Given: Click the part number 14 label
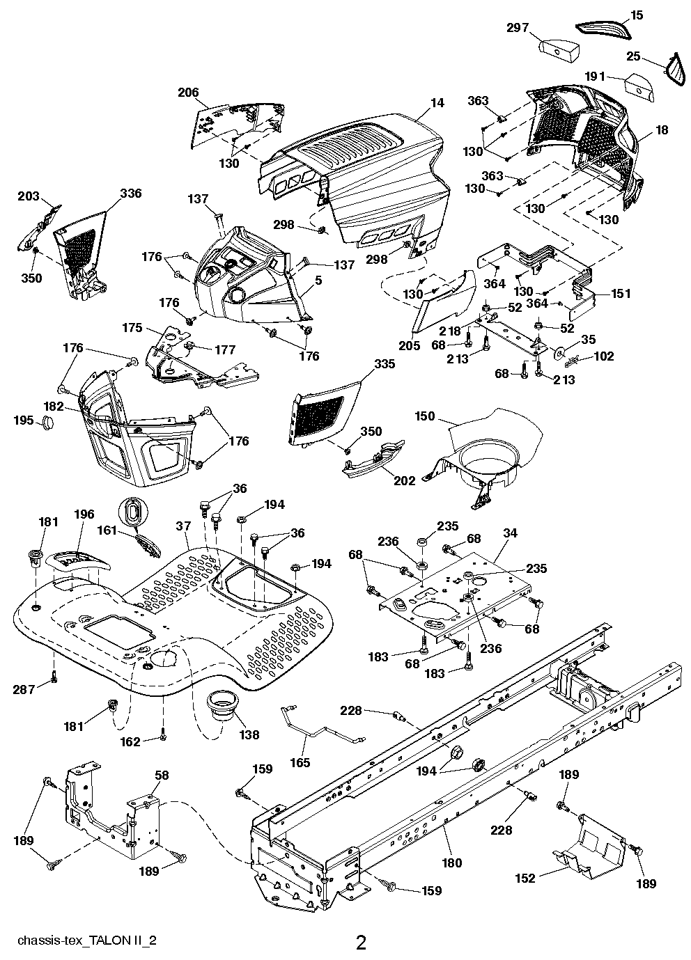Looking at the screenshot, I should pyautogui.click(x=437, y=103).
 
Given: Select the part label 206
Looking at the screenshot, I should pyautogui.click(x=188, y=92).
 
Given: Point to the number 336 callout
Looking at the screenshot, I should pyautogui.click(x=130, y=193).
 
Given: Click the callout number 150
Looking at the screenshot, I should pyautogui.click(x=424, y=416).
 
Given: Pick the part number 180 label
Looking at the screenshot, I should pyautogui.click(x=451, y=863).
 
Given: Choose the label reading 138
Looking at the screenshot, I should pyautogui.click(x=249, y=734).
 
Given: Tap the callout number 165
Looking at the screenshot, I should pyautogui.click(x=300, y=762).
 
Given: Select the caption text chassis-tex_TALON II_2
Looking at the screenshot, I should pyautogui.click(x=79, y=940).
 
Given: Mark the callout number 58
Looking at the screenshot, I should pyautogui.click(x=161, y=775).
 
